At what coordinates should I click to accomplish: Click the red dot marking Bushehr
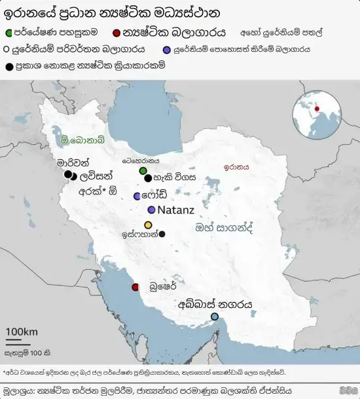pyautogui.click(x=135, y=287)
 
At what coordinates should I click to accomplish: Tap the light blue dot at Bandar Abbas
pyautogui.click(x=214, y=317)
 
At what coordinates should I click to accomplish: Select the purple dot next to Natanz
pyautogui.click(x=151, y=210)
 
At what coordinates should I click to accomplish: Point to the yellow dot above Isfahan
pyautogui.click(x=148, y=225)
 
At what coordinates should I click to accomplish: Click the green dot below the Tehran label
pyautogui.click(x=143, y=171)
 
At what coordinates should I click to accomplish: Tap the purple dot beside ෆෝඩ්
pyautogui.click(x=137, y=196)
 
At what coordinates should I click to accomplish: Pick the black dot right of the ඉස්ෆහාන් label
pyautogui.click(x=162, y=234)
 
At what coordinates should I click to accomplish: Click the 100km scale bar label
pyautogui.click(x=22, y=332)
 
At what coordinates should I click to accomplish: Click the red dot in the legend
pyautogui.click(x=117, y=31)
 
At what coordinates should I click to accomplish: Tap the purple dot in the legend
pyautogui.click(x=168, y=48)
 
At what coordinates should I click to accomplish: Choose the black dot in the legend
pyautogui.click(x=9, y=66)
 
